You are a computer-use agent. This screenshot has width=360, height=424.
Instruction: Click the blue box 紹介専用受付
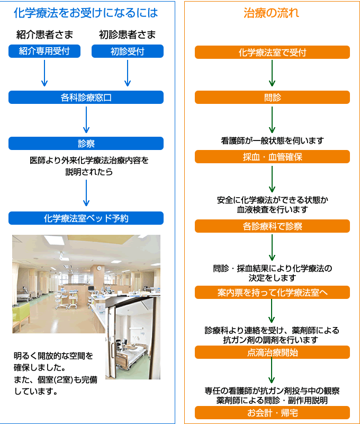(44, 51)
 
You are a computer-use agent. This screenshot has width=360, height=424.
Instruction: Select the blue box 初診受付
(128, 51)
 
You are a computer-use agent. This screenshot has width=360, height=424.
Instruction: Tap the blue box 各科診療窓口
(86, 98)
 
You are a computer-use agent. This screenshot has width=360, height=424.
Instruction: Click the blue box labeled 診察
(86, 143)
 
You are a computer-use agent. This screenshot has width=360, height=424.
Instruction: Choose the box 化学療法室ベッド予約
(86, 218)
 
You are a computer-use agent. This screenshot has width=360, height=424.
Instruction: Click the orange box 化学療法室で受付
(272, 52)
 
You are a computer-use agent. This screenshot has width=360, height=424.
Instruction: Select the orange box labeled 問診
(272, 98)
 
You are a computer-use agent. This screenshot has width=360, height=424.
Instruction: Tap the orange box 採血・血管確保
(272, 157)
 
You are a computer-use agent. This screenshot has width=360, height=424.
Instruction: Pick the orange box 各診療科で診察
(272, 226)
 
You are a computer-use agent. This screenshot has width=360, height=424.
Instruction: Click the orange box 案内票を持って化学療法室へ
(272, 293)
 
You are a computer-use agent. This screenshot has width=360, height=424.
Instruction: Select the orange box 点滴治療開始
(272, 352)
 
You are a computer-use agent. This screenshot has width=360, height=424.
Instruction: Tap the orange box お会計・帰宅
(272, 413)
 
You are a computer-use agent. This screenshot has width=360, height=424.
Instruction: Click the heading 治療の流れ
(272, 13)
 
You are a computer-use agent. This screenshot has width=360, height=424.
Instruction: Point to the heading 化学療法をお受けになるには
(86, 13)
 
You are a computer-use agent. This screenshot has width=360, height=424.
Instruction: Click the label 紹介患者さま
(44, 34)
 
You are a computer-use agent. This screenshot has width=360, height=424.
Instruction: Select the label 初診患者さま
(128, 34)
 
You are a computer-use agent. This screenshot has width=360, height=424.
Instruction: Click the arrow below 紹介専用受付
(44, 73)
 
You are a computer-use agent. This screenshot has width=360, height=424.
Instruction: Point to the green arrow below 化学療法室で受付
(272, 73)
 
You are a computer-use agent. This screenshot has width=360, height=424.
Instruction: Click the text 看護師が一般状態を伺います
(272, 140)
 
